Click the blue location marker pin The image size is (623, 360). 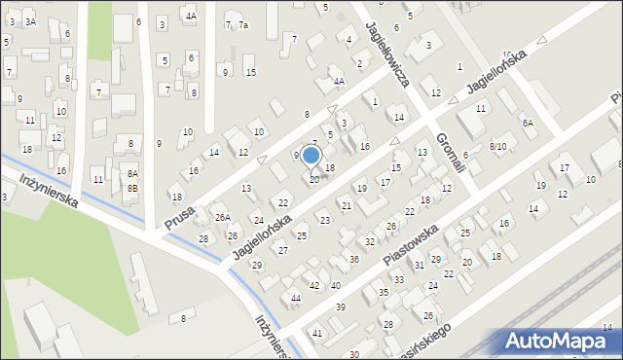311,157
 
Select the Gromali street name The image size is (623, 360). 451,154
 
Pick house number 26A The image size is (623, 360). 223,217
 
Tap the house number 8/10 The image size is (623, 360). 498,146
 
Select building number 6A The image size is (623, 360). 528,124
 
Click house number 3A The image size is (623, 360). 30,21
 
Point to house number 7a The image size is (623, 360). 243,25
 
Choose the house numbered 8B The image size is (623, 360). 132,188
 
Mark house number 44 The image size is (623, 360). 295,298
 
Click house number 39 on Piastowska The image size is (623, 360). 340,307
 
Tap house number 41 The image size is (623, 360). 317,334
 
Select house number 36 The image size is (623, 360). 354,260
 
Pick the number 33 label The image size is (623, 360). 396,280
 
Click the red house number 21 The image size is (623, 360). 347,206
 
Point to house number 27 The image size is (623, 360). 283,251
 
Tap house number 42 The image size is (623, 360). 313,286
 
